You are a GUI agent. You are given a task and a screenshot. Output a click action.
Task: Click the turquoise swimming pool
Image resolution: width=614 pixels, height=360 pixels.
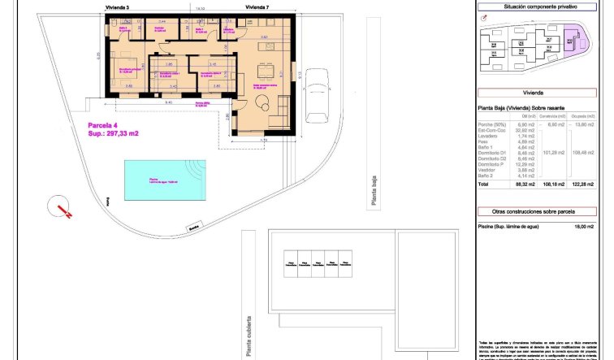click(x=158, y=179)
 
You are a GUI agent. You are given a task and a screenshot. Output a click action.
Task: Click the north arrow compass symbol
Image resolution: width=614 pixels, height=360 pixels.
click(x=61, y=206)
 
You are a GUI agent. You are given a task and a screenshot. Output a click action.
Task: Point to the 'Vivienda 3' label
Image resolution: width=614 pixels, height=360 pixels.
click(x=118, y=6)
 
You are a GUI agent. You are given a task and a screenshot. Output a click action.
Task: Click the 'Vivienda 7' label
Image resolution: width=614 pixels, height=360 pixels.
click(x=256, y=6)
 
